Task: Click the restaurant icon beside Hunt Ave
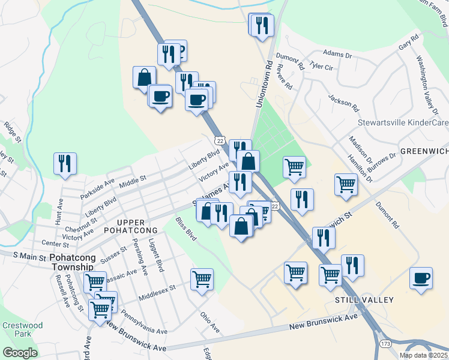point(65,164)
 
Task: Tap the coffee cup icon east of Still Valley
point(421,278)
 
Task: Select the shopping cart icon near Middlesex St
point(202,279)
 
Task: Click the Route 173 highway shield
point(385,343)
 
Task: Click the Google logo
point(20,353)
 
